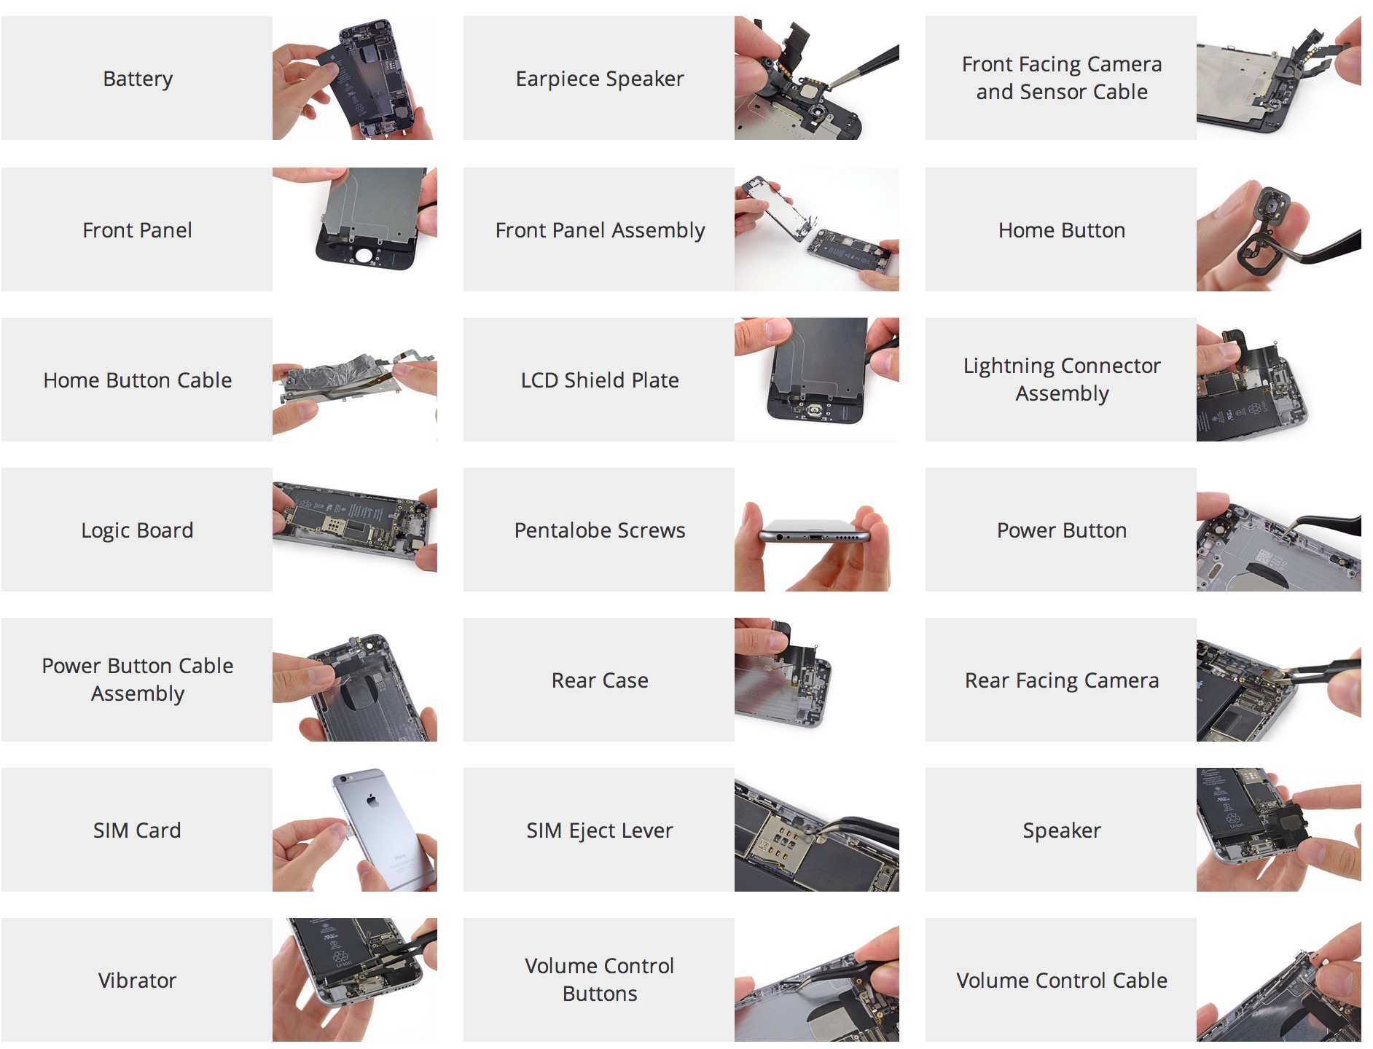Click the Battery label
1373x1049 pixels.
coord(138,79)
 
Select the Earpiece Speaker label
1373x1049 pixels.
coord(599,79)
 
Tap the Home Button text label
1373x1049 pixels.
coord(1061,230)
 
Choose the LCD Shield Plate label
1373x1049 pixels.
coord(599,380)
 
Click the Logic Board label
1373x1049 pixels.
coord(138,530)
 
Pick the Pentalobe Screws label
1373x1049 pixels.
coord(599,530)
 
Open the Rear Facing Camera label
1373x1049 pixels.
coord(1061,680)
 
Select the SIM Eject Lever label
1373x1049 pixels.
coord(599,830)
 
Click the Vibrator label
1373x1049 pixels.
coord(138,981)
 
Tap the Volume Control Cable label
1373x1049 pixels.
coord(1061,981)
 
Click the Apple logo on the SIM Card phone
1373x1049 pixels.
coord(372,801)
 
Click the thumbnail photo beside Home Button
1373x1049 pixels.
coord(1278,230)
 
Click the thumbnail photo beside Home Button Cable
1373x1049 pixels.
coord(355,380)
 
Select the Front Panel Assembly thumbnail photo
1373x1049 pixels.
coord(816,230)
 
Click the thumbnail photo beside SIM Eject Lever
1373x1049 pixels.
coord(816,830)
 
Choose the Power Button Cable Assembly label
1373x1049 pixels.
coord(138,680)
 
